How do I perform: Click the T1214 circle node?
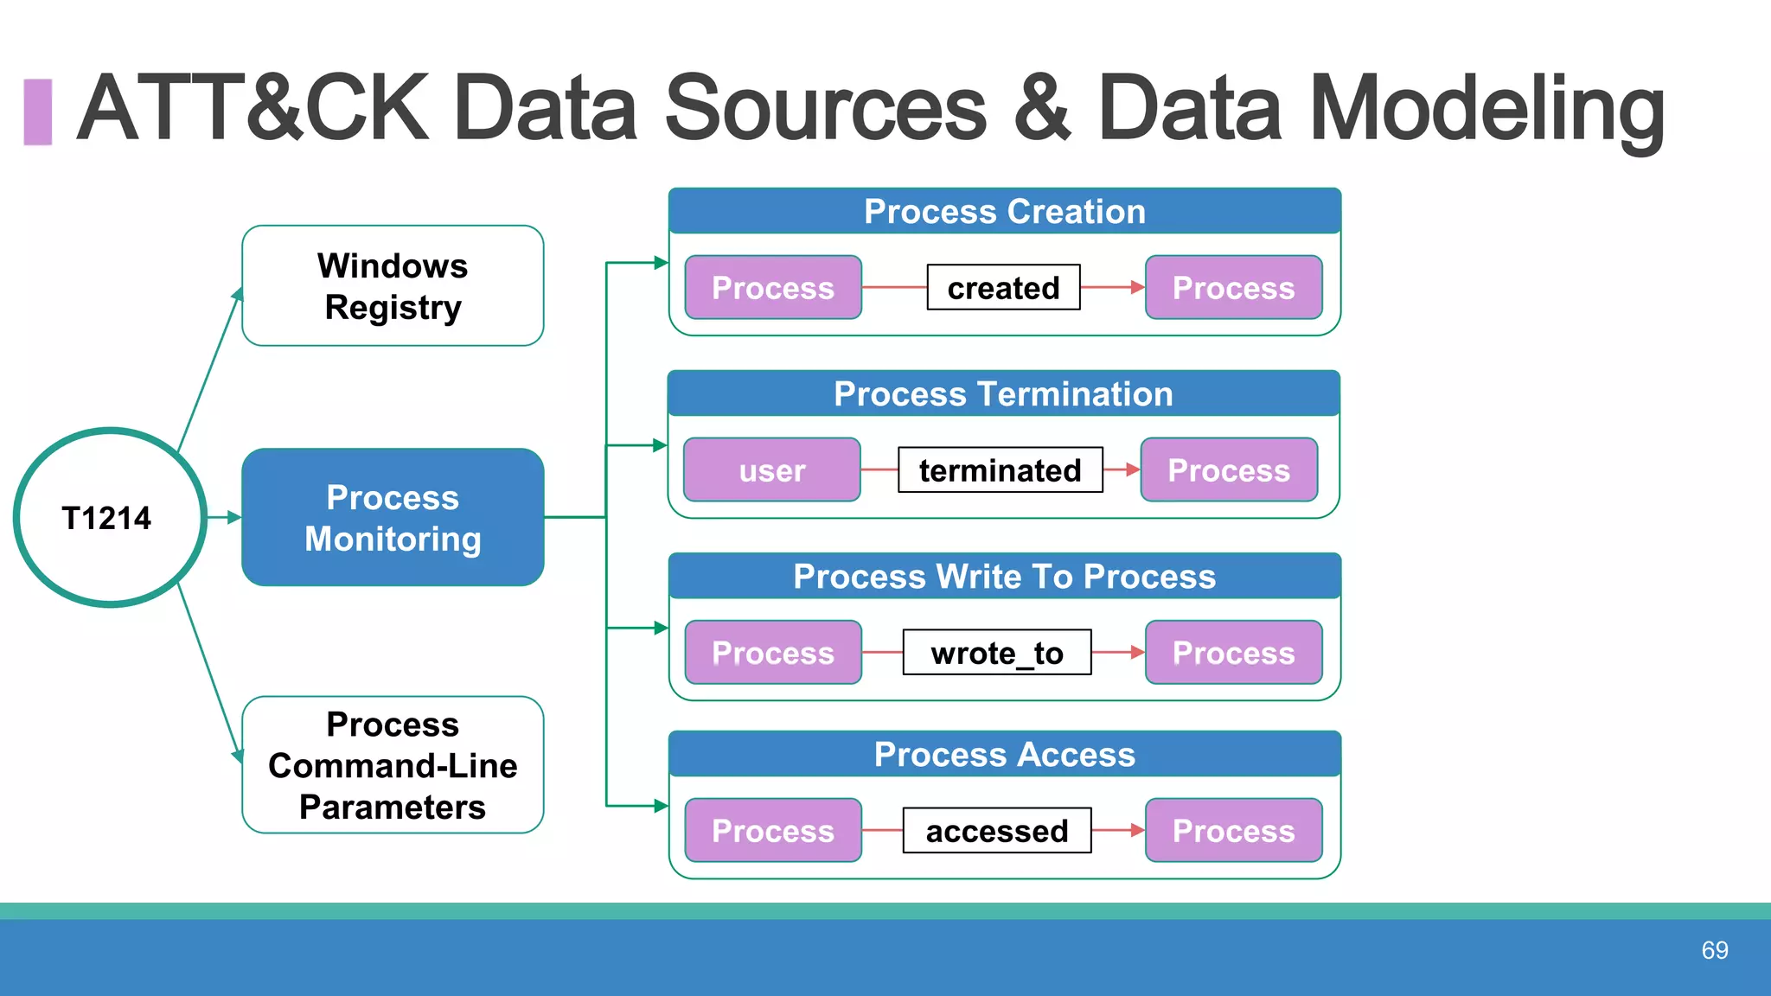coord(109,518)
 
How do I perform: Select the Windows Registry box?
coord(393,286)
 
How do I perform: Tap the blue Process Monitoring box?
coord(393,517)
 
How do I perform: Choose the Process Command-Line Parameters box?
coord(393,765)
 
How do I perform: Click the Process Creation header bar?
coord(1004,212)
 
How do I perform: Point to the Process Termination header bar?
coord(1003,394)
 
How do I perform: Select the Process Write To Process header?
coord(1004,577)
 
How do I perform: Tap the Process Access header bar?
coord(1004,755)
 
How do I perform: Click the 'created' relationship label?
coord(1003,288)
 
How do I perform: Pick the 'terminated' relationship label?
coord(1000,470)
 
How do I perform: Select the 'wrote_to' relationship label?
coord(996,653)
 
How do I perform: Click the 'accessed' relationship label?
coord(996,831)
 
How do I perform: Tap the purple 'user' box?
coord(771,470)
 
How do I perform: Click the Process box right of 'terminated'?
coord(1229,470)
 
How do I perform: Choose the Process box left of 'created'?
coord(772,288)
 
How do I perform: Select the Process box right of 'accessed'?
coord(1233,831)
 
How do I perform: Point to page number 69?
coord(1714,950)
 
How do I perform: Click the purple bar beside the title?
coord(37,112)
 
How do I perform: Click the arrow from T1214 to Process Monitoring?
coord(224,517)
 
